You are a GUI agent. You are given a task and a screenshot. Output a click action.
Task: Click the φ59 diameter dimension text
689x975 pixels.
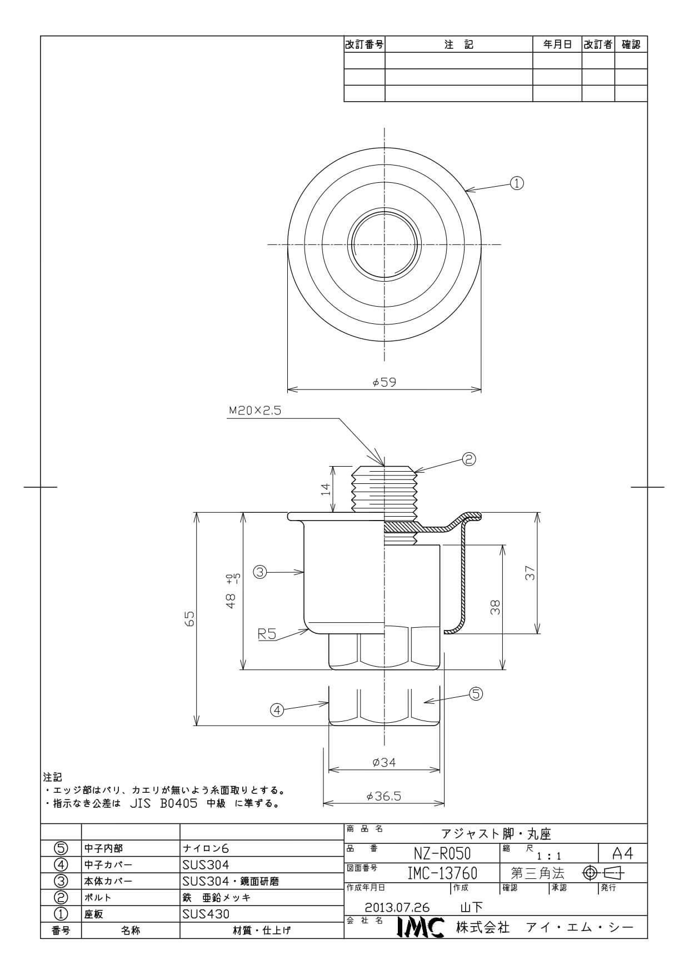coord(385,382)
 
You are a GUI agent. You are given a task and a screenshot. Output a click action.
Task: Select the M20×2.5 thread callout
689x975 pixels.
coord(255,411)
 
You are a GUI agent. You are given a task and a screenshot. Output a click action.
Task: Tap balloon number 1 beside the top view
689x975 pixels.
coord(517,183)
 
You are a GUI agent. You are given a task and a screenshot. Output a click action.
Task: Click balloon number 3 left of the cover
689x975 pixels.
coord(261,571)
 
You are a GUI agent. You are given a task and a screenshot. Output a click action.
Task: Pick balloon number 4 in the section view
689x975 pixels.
coord(277,709)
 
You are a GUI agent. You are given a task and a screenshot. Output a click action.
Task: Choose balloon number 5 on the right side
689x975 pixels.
coord(476,693)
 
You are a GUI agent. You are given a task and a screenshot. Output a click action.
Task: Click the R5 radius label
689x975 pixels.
coord(267,634)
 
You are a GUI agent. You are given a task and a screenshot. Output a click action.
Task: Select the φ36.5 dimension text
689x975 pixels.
coord(384,796)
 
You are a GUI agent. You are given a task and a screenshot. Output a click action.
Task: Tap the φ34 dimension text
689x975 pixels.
coord(384,762)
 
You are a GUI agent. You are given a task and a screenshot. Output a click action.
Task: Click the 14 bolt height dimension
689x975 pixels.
coord(326,489)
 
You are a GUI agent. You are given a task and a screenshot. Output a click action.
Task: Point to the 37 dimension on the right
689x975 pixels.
coord(531,573)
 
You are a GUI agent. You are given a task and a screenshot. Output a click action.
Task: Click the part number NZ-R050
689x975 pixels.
coord(442,853)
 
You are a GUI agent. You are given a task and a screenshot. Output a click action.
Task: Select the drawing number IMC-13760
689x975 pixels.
coord(442,873)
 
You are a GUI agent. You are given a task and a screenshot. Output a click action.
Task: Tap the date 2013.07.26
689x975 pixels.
coord(397,907)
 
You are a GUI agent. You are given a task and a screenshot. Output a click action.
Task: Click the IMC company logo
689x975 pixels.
coord(421,927)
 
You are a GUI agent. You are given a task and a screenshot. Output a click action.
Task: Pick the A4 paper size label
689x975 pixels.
coord(622,853)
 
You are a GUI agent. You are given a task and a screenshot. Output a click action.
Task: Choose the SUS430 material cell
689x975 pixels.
coord(206,914)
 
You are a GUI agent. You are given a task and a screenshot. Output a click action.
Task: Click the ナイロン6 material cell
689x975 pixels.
coord(206,848)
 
